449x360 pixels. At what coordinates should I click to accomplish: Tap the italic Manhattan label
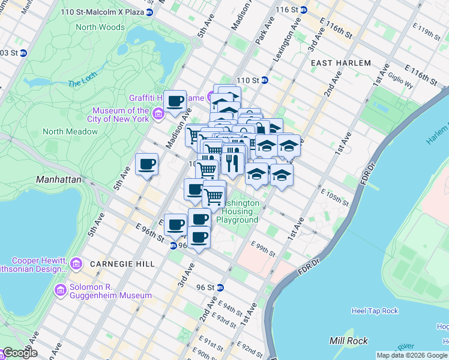[x=58, y=179]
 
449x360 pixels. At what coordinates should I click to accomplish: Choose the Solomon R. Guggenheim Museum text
[x=110, y=295]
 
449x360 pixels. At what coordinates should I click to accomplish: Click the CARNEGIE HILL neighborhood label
[x=122, y=264]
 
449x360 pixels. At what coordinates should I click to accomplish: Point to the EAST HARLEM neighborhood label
[x=341, y=63]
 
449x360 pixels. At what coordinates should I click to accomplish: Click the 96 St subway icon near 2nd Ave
[x=220, y=287]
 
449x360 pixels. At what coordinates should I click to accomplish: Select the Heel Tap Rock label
[x=374, y=311]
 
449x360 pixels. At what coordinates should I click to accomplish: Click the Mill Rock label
[x=345, y=341]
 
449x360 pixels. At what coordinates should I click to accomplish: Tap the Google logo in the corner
[x=19, y=353]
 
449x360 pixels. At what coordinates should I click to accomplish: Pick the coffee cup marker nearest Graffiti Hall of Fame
[x=175, y=102]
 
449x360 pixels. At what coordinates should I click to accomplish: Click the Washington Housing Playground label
[x=239, y=212]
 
